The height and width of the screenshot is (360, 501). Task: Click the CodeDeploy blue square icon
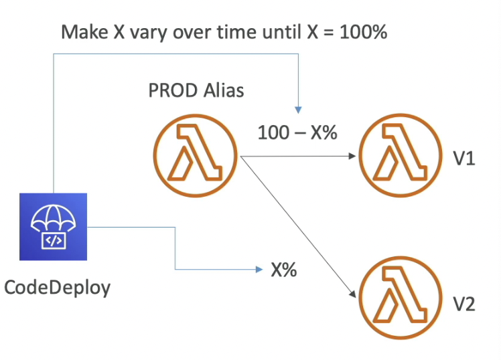(x=54, y=226)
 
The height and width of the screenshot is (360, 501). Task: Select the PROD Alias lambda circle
(x=196, y=157)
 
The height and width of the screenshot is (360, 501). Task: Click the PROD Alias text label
(x=196, y=90)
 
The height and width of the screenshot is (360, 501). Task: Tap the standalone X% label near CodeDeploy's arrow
(x=284, y=270)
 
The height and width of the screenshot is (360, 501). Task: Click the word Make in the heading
(x=84, y=32)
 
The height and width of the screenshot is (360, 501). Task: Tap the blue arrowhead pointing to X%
(x=259, y=270)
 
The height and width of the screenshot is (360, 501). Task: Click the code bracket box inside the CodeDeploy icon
(x=54, y=240)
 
